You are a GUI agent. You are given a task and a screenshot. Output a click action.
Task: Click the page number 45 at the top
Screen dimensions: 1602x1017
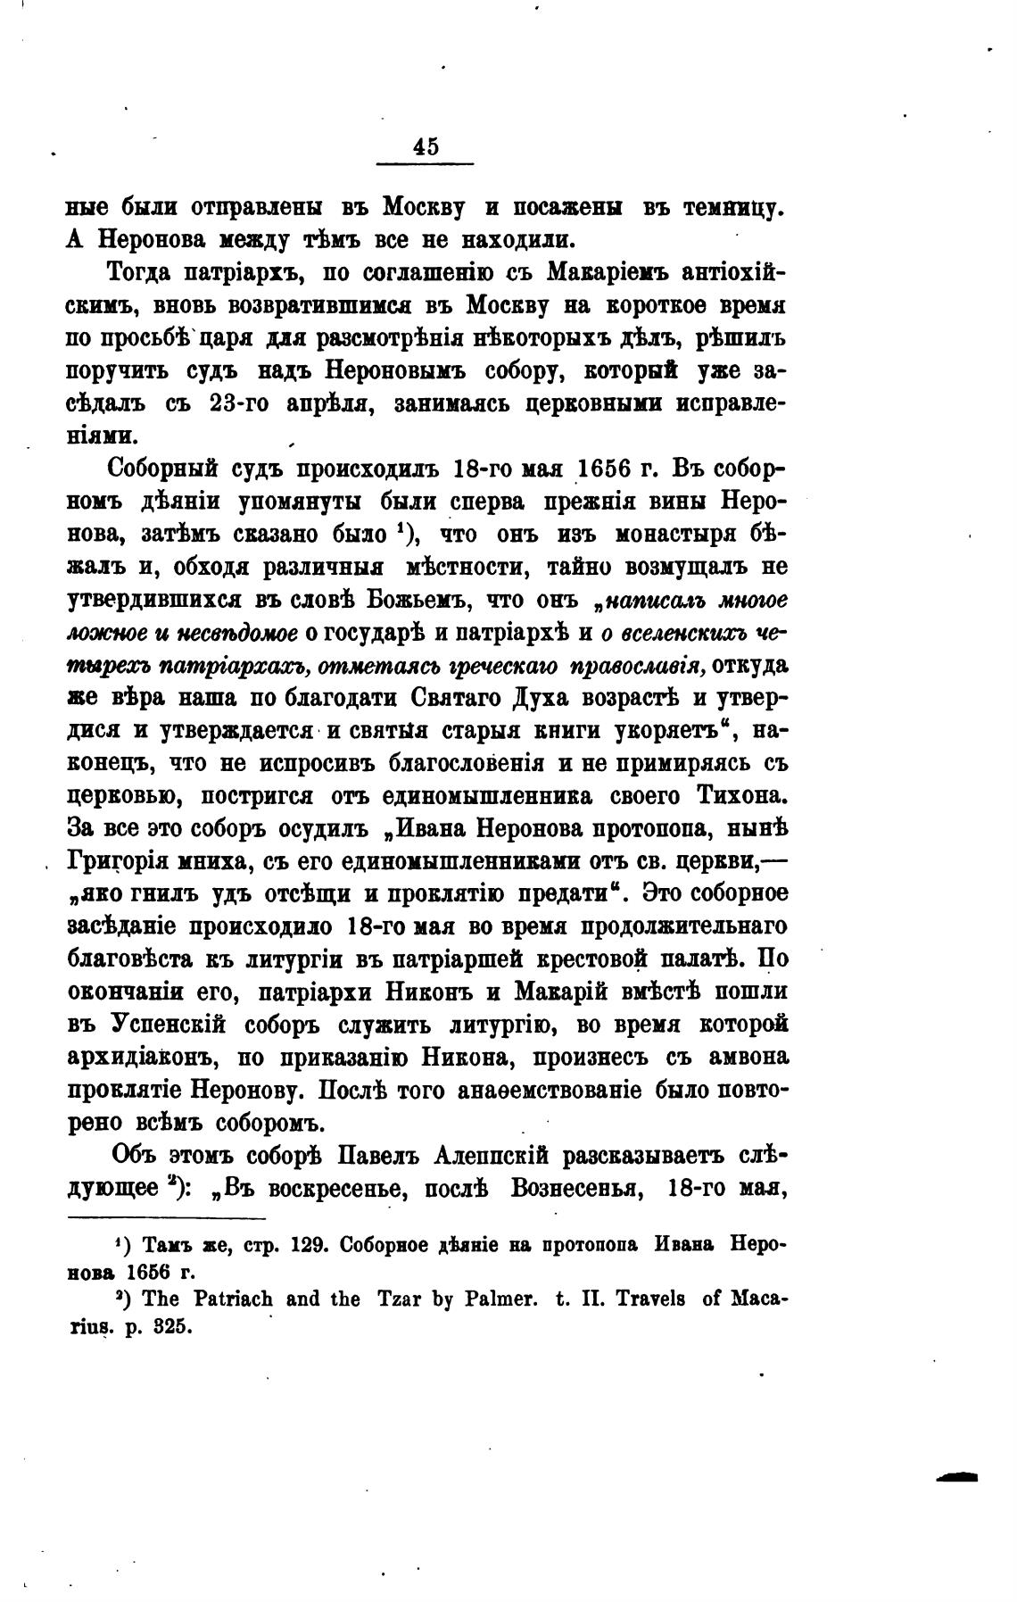(426, 146)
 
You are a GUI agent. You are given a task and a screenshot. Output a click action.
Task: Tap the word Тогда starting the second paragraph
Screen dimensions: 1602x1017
(143, 272)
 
